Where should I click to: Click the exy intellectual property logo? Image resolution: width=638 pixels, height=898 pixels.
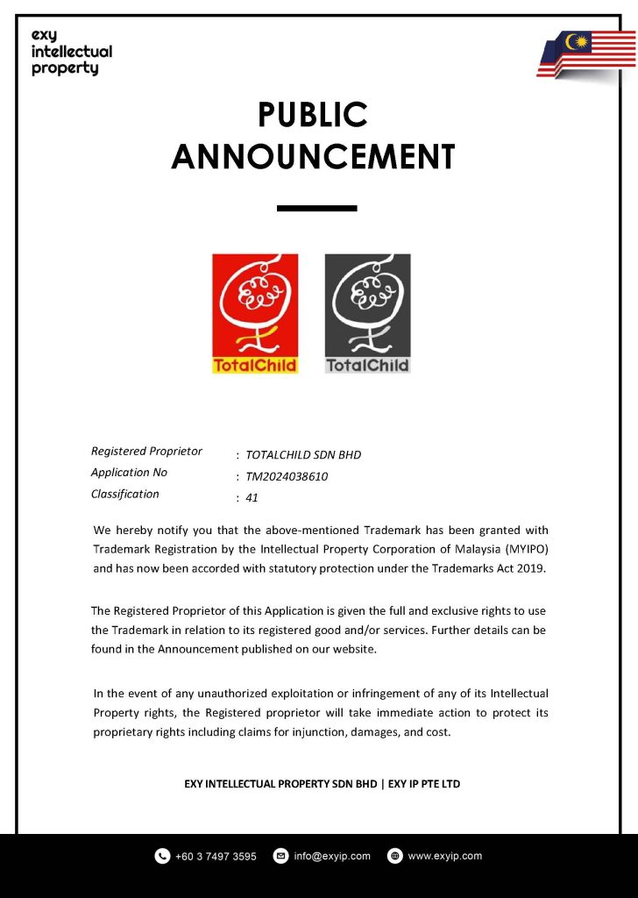point(71,52)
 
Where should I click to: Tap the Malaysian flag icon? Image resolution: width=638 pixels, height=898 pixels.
point(586,54)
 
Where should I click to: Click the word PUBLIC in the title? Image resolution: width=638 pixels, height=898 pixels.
point(313,115)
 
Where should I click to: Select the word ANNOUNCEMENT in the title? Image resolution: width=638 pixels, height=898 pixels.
point(313,157)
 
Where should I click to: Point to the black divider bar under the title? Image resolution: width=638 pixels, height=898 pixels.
point(316,208)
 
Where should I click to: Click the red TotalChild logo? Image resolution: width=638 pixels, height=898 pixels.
point(255,313)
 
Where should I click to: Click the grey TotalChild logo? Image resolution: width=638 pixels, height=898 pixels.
point(367,313)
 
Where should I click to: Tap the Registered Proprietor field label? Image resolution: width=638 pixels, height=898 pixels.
point(146,452)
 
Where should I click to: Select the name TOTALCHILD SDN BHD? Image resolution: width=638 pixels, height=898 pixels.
point(303,455)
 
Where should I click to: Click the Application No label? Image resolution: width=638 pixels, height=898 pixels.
point(129,473)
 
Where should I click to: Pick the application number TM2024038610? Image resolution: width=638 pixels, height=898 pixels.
point(287,477)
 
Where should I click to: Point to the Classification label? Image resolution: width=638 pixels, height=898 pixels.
point(125,494)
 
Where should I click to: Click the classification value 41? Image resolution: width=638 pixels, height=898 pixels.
point(252,498)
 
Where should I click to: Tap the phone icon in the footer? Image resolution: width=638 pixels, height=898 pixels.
point(162,856)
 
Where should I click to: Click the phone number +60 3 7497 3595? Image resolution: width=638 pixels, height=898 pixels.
point(216,857)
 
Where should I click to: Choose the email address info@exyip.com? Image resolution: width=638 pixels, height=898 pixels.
point(332,856)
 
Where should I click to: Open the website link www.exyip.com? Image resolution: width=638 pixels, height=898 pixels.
point(445,856)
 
